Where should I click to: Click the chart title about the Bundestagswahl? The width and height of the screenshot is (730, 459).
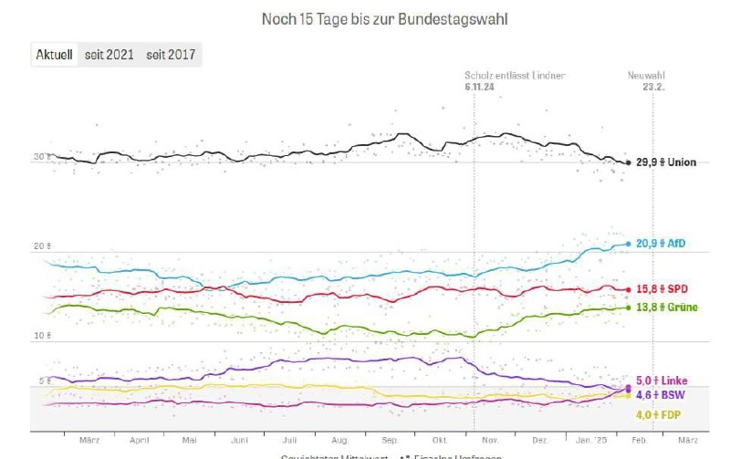pyautogui.click(x=384, y=18)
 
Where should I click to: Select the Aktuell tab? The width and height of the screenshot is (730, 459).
pyautogui.click(x=54, y=55)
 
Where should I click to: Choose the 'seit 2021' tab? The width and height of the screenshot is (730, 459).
pyautogui.click(x=109, y=55)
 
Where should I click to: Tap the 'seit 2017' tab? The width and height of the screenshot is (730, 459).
pyautogui.click(x=172, y=55)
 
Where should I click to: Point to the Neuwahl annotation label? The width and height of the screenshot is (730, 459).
pyautogui.click(x=645, y=75)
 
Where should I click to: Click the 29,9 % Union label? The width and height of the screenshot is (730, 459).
pyautogui.click(x=666, y=162)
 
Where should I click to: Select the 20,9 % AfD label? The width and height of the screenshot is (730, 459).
pyautogui.click(x=662, y=244)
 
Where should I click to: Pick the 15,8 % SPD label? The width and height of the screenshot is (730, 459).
pyautogui.click(x=662, y=289)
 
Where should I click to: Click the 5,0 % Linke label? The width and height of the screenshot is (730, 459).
pyautogui.click(x=662, y=381)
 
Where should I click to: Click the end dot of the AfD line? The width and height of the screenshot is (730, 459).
pyautogui.click(x=628, y=244)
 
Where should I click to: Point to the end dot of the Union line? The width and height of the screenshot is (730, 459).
pyautogui.click(x=628, y=162)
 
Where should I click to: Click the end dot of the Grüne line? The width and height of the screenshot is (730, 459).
pyautogui.click(x=628, y=307)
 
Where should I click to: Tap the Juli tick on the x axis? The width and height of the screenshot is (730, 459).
pyautogui.click(x=289, y=439)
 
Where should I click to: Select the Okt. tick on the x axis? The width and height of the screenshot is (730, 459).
pyautogui.click(x=440, y=439)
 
